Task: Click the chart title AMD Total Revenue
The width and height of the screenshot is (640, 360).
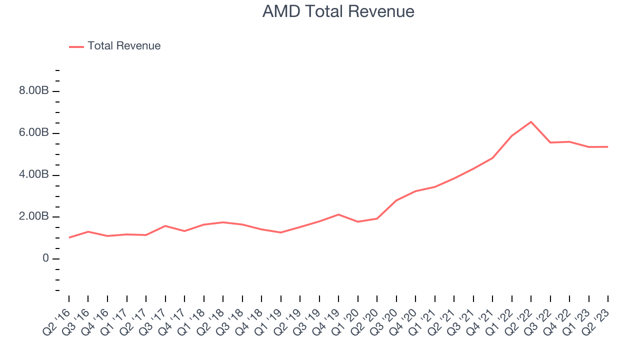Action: [x=338, y=11]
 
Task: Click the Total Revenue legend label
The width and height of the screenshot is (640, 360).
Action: [x=124, y=46]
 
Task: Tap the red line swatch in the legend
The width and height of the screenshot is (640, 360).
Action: [x=76, y=46]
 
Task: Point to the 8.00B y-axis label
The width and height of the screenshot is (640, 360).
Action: [x=34, y=91]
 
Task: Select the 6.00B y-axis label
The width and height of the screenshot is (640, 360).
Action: [x=34, y=133]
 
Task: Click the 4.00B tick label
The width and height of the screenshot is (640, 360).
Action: [x=34, y=175]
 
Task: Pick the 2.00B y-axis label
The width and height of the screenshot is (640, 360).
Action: [x=34, y=217]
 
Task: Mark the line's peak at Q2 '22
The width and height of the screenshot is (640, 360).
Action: [x=531, y=121]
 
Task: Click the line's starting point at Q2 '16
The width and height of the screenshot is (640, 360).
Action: [x=69, y=237]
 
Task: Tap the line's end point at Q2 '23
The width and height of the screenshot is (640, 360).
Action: [x=608, y=146]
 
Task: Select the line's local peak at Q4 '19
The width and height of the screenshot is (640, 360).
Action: [x=338, y=214]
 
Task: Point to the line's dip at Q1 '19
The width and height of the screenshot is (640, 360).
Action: [x=281, y=232]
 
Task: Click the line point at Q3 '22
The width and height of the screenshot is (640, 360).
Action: [x=550, y=142]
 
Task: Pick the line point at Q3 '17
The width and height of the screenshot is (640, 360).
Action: [x=165, y=226]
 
